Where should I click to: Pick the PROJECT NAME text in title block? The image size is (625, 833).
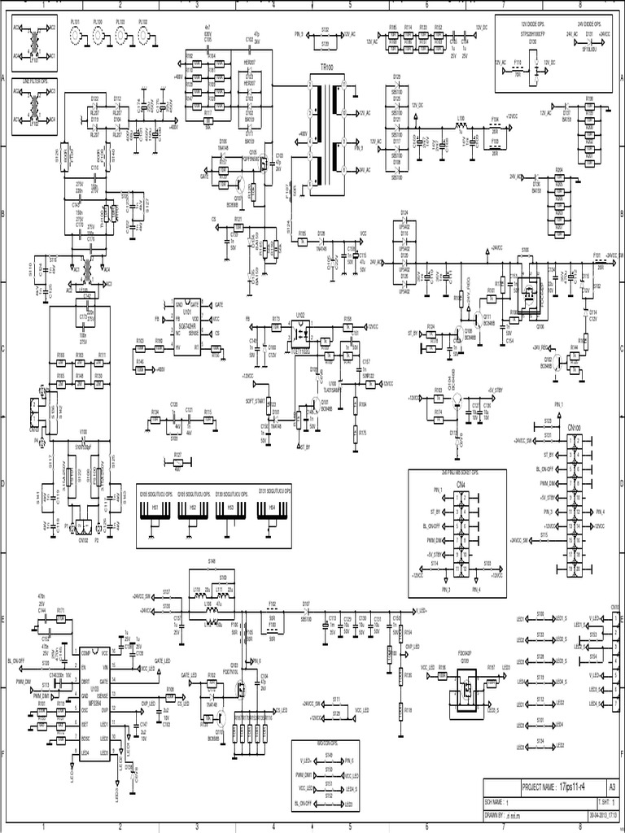tap(540, 787)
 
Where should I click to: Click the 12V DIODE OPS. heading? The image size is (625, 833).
tap(535, 25)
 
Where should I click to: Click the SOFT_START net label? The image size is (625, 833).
tap(255, 401)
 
